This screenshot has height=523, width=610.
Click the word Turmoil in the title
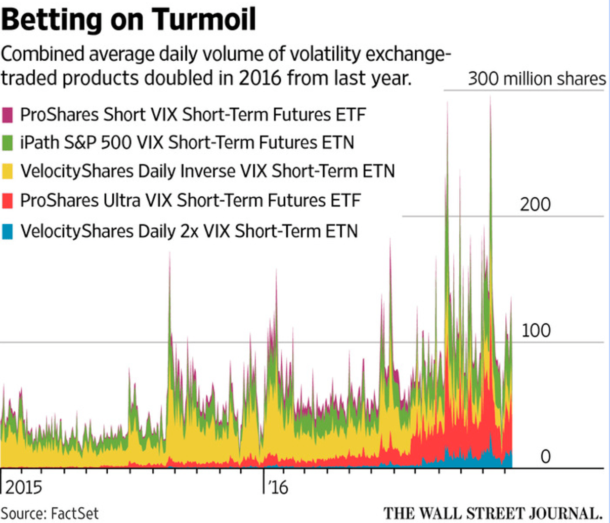pos(203,19)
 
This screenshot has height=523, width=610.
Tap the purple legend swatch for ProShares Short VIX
pos(8,115)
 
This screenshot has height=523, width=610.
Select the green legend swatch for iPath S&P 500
pos(8,143)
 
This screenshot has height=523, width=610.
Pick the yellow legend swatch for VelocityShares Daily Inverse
pos(8,171)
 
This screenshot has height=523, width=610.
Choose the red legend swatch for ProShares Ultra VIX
pos(8,201)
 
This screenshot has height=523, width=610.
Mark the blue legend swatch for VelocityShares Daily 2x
pos(8,232)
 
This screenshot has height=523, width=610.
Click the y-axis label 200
pos(535,204)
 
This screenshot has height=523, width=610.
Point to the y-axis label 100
pos(535,330)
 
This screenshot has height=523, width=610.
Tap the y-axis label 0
pos(545,457)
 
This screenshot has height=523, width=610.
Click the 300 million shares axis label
pos(536,79)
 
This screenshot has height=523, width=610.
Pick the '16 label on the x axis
pos(277,487)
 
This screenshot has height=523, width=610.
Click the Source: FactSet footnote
pos(51,513)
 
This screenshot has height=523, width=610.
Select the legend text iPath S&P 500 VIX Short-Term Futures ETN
pos(187,143)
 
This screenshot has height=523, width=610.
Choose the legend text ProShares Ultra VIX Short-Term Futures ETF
pos(190,201)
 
